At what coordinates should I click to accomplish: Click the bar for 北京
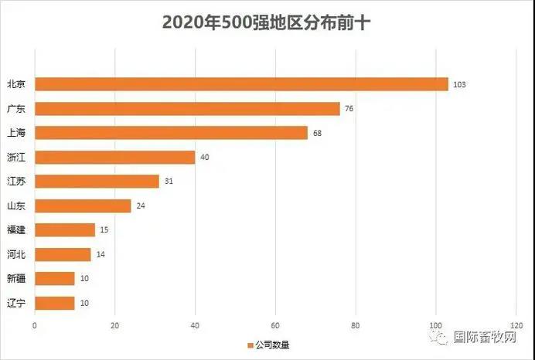241,84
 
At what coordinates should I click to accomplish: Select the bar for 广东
187,109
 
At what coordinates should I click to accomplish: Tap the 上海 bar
171,133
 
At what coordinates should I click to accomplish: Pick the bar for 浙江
114,157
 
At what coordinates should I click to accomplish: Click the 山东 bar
83,205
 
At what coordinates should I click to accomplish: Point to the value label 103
459,84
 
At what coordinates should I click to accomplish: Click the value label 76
349,109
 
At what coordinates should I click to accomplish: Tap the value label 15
104,230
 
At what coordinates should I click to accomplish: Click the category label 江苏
16,182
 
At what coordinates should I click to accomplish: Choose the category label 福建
16,230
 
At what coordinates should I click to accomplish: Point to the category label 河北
16,254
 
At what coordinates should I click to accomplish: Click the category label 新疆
16,278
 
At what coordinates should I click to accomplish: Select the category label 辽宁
16,303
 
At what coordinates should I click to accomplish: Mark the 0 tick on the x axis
35,325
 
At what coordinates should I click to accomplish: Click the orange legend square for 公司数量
250,345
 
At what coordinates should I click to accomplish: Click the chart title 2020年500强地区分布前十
267,22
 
